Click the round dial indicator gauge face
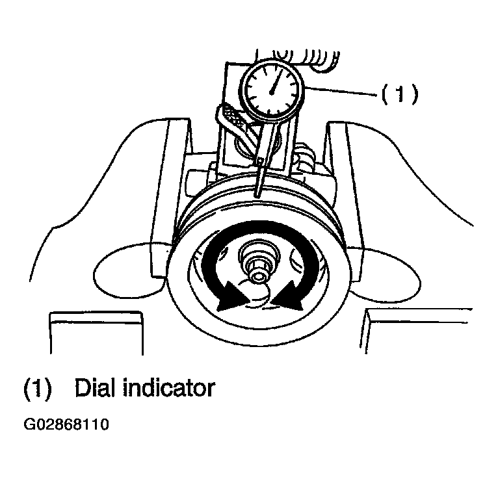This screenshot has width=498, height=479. (x=272, y=90)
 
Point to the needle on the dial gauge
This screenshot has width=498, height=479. (x=276, y=81)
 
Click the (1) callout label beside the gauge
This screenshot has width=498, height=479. (x=400, y=94)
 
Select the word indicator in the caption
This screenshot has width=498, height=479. (x=169, y=387)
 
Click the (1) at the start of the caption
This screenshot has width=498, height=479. (x=38, y=388)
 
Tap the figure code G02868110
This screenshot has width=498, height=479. (x=66, y=424)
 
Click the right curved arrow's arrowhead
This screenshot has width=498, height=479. (x=287, y=295)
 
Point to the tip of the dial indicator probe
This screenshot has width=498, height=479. (x=257, y=196)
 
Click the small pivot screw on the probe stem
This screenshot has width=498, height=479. (x=261, y=162)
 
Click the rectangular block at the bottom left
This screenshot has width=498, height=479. (x=96, y=333)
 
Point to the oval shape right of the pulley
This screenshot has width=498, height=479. (x=384, y=274)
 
